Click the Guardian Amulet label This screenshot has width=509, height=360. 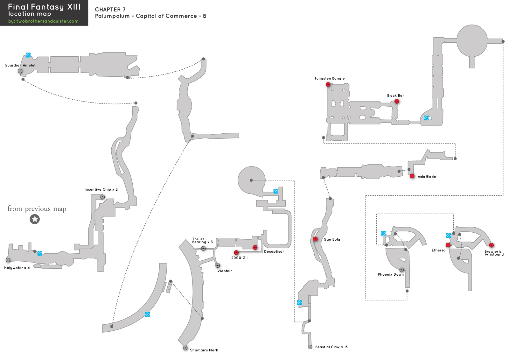tap(20, 65)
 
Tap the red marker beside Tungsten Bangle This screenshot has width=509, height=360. tap(328, 84)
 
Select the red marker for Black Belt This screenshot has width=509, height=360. tap(397, 101)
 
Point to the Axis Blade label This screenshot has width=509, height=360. tap(427, 177)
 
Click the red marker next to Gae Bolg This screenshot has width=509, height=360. tap(315, 239)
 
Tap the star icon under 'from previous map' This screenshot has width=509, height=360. tap(35, 219)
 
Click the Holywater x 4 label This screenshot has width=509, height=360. tap(17, 268)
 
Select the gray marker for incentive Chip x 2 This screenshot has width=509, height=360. tap(102, 197)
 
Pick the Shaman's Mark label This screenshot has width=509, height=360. tap(204, 350)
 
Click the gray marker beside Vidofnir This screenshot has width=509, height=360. tap(218, 265)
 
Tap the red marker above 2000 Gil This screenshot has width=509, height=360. tap(236, 253)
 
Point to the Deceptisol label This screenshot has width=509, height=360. tap(274, 251)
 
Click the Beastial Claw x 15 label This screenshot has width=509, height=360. tap(331, 347)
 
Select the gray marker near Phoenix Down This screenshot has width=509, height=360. tap(401, 270)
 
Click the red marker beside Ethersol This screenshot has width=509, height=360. tap(448, 245)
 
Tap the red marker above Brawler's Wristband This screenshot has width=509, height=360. tap(491, 245)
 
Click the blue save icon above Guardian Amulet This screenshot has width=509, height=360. tap(28, 55)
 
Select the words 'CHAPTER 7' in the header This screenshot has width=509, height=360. tap(110, 10)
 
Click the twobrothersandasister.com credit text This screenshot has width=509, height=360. tap(43, 21)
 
